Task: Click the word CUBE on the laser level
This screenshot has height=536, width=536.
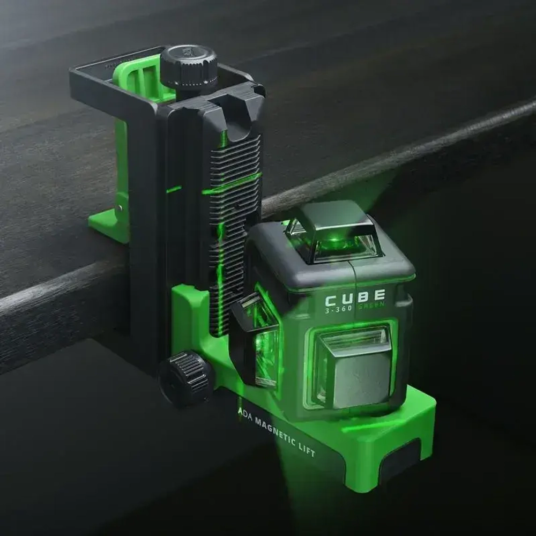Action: (x=355, y=296)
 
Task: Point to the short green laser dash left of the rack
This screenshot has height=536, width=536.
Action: (x=174, y=189)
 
